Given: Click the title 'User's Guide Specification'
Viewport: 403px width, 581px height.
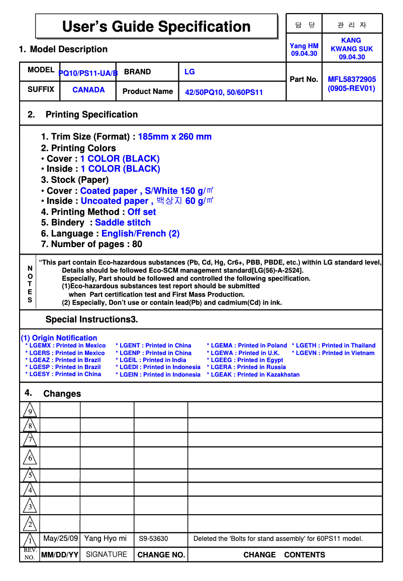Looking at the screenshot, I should tap(156, 27).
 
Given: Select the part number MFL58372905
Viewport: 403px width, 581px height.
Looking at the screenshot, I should tap(352, 79).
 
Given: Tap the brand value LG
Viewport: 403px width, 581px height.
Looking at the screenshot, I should tap(189, 72).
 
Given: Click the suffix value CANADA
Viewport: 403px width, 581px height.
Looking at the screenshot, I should tap(88, 90).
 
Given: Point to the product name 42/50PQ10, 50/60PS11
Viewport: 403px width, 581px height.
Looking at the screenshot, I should tap(224, 92).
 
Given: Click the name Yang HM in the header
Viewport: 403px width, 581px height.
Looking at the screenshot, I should tap(304, 46).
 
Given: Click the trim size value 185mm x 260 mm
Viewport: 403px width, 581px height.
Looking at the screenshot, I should tap(174, 137).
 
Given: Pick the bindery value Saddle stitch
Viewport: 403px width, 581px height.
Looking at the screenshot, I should tap(123, 222).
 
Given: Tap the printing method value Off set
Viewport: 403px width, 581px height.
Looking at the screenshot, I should tap(142, 212).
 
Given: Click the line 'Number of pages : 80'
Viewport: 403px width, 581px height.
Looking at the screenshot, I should tap(91, 244).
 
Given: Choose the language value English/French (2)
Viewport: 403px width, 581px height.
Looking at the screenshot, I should tap(140, 234).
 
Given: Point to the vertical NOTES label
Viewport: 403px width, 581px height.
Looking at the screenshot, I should tap(30, 284).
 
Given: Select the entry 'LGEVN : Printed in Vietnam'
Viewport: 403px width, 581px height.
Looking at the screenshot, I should tap(333, 353).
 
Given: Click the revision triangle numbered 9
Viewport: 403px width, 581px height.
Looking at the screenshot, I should tap(30, 411).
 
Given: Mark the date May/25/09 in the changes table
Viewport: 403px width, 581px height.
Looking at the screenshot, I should tap(61, 538).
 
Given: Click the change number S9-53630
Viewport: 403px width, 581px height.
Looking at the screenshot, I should tap(153, 539).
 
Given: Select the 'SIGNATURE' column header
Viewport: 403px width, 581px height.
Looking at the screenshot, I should tap(106, 554).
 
